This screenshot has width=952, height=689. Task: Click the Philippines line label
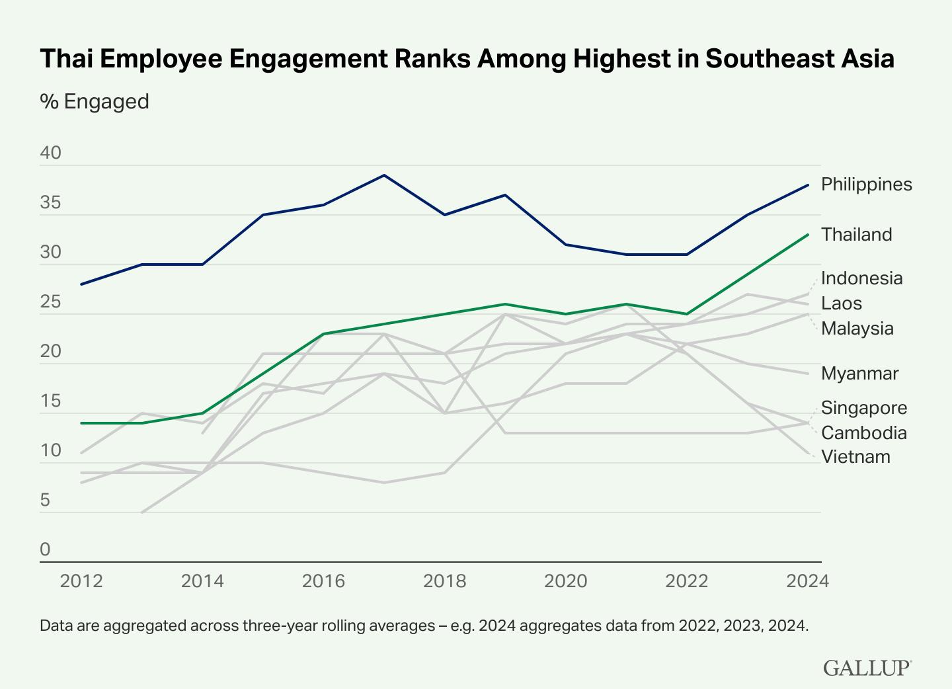pyautogui.click(x=866, y=184)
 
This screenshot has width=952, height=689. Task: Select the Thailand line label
pyautogui.click(x=856, y=235)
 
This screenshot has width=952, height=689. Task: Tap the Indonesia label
pyautogui.click(x=861, y=278)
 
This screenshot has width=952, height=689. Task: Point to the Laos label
pyautogui.click(x=842, y=304)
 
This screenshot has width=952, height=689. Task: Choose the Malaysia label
pyautogui.click(x=857, y=329)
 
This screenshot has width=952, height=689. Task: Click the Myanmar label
pyautogui.click(x=859, y=374)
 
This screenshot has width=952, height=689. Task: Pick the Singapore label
pyautogui.click(x=864, y=408)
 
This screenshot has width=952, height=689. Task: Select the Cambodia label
pyautogui.click(x=863, y=433)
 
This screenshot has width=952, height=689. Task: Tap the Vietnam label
pyautogui.click(x=855, y=457)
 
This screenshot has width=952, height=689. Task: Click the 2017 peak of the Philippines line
pyautogui.click(x=384, y=175)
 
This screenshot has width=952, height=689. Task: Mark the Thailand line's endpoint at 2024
pyautogui.click(x=808, y=235)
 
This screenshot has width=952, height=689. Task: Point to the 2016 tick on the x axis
pyautogui.click(x=323, y=581)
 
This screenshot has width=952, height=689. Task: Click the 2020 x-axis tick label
pyautogui.click(x=565, y=581)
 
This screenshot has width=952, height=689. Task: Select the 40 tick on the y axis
pyautogui.click(x=51, y=154)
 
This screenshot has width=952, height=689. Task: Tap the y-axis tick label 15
pyautogui.click(x=51, y=401)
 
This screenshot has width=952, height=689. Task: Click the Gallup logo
pyautogui.click(x=867, y=668)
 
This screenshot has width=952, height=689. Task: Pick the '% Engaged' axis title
pyautogui.click(x=95, y=102)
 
